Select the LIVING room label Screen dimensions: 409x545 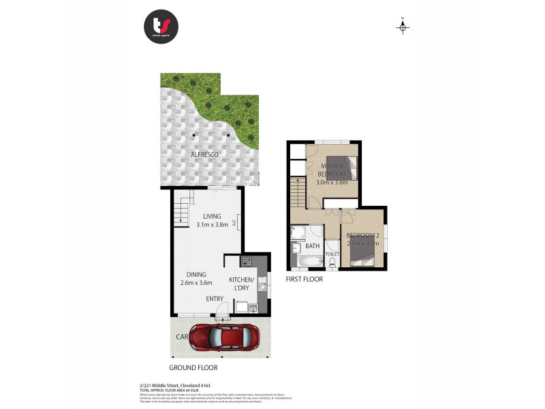point(212,216)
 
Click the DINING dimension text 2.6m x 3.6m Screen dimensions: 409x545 point(196,283)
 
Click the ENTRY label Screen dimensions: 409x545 point(216,298)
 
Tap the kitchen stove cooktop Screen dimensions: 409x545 point(245,261)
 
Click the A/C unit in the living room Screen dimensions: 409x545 point(234,222)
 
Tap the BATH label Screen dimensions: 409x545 point(313,245)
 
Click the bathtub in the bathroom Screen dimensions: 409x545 point(307,261)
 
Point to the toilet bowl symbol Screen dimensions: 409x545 point(332,262)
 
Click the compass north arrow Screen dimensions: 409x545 point(403,27)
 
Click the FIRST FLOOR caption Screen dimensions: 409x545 point(304,279)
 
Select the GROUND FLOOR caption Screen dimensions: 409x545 point(194,367)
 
